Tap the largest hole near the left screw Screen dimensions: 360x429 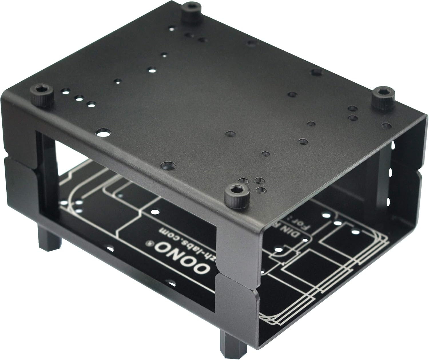[x=102, y=132]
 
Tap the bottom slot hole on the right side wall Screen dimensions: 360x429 [x=388, y=202]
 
